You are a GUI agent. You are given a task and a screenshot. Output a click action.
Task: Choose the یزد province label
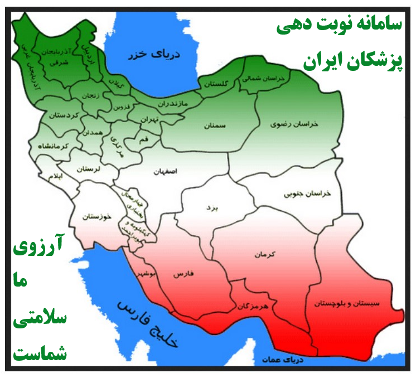[211, 207]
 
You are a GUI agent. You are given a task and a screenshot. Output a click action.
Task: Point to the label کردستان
[61, 115]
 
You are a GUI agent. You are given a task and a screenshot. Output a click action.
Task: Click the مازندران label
[172, 104]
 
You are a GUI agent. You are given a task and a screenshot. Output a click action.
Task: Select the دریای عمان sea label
[283, 360]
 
